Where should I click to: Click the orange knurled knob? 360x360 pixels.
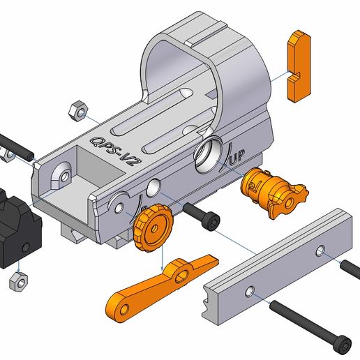pos(152,230)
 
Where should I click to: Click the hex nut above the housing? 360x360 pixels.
pos(78,110)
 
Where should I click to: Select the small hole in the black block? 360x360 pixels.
pos(25,248)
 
